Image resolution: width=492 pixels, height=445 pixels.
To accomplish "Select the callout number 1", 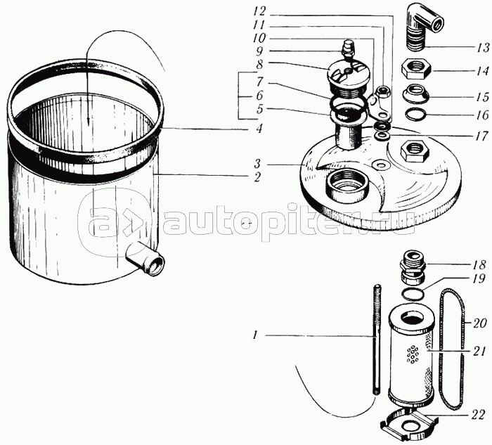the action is [x=255, y=336].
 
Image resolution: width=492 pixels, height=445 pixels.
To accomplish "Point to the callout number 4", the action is [x=259, y=129].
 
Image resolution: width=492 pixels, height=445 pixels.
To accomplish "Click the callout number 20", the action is [x=480, y=323].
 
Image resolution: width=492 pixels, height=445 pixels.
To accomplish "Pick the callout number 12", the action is [x=259, y=12].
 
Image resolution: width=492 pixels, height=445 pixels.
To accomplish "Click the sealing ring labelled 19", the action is [x=413, y=294].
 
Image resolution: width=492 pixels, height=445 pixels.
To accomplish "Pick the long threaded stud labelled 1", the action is [x=376, y=339].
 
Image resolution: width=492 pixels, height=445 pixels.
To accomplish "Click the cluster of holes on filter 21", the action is [x=412, y=354].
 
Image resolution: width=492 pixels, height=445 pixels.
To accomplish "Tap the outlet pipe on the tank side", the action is [x=145, y=259].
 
